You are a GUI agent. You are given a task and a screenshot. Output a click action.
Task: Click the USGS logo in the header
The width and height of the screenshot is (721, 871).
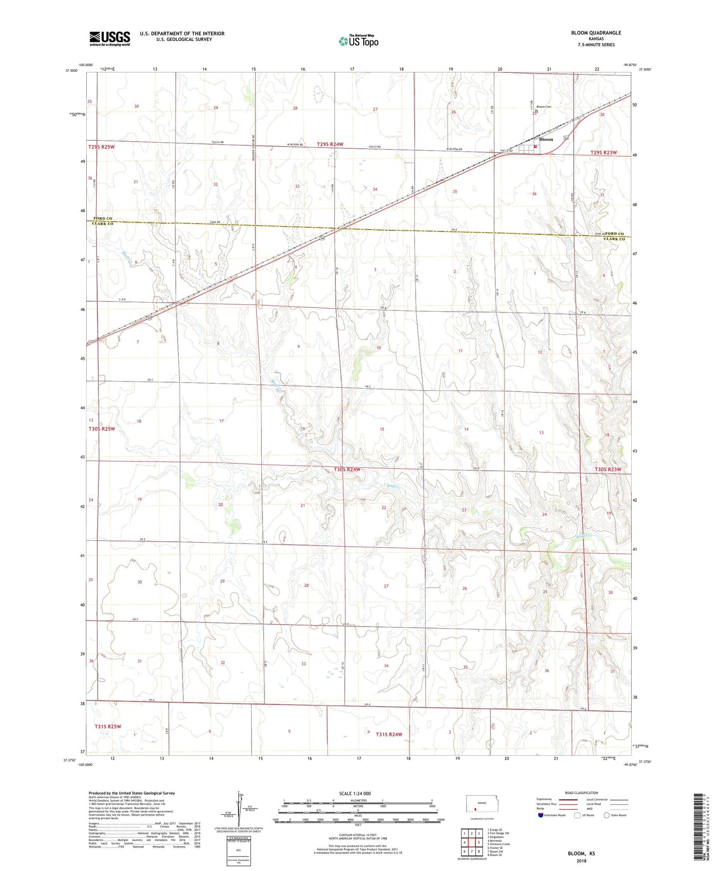pyautogui.click(x=110, y=38)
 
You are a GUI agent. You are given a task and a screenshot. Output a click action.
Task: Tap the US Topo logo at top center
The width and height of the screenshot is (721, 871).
pyautogui.click(x=358, y=41)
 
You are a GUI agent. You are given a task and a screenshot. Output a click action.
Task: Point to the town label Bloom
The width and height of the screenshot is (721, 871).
pyautogui.click(x=546, y=140)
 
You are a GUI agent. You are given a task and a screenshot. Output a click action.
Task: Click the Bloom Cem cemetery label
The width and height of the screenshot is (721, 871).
pyautogui.click(x=543, y=107)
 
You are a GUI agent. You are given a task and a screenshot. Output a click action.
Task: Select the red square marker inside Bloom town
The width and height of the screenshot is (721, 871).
pyautogui.click(x=535, y=147)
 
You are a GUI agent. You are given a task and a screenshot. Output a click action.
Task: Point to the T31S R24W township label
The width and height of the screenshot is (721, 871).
pyautogui.click(x=389, y=734)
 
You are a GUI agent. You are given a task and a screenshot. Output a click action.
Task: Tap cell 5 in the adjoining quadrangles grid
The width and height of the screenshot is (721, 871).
pyautogui.click(x=478, y=843)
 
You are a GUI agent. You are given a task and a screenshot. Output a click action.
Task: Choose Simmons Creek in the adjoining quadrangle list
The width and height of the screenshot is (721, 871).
pyautogui.click(x=500, y=844)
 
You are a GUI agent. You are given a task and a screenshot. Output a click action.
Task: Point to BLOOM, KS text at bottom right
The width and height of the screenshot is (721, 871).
pyautogui.click(x=581, y=854)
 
